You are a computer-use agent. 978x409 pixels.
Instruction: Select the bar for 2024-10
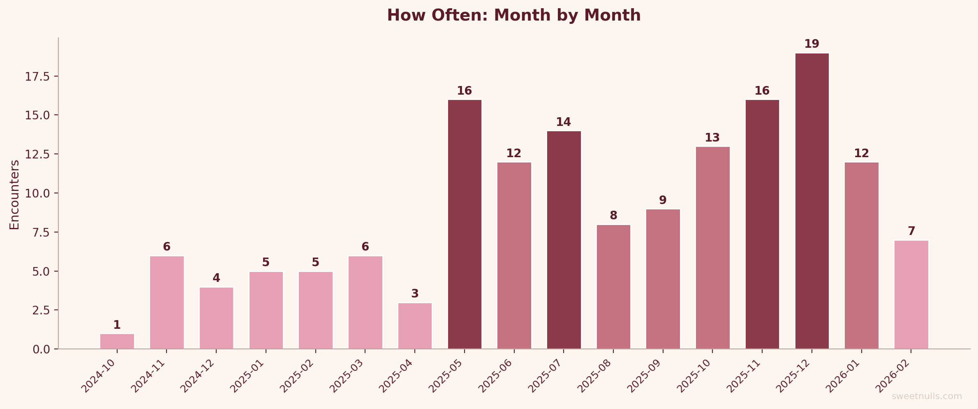click(x=117, y=341)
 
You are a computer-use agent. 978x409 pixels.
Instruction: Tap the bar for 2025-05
click(x=465, y=224)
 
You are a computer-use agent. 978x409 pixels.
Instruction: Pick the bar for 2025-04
click(x=415, y=326)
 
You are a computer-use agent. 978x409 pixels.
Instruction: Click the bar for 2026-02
click(x=911, y=295)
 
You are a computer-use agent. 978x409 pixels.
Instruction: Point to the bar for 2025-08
click(x=613, y=287)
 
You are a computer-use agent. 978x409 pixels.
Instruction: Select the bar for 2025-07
click(x=564, y=240)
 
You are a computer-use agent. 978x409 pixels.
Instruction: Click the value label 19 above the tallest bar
click(x=812, y=44)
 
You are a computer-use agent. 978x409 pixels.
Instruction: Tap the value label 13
click(x=712, y=138)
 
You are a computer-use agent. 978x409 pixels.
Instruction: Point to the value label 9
click(x=663, y=200)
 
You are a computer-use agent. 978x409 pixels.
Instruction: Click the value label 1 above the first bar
click(x=117, y=325)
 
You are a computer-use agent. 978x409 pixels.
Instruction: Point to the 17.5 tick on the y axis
click(x=37, y=77)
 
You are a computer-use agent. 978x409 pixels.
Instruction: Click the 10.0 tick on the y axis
click(x=37, y=193)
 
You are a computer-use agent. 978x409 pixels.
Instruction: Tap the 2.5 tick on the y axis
click(x=41, y=310)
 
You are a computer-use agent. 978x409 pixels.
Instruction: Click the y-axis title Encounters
click(x=14, y=195)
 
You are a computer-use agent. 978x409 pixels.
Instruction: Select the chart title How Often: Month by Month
click(x=514, y=16)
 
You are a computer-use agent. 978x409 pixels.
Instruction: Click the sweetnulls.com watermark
click(x=927, y=396)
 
